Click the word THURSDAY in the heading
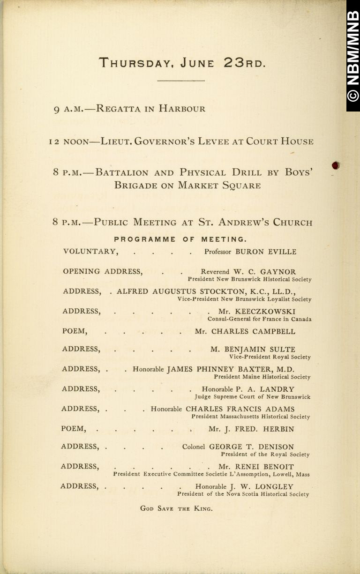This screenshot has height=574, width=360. click(x=134, y=63)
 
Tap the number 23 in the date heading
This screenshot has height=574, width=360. click(x=235, y=62)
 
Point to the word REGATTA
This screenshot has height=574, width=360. click(x=118, y=109)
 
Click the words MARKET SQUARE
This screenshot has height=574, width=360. click(x=219, y=185)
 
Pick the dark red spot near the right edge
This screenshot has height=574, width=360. click(x=335, y=165)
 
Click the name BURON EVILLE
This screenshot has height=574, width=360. click(x=266, y=252)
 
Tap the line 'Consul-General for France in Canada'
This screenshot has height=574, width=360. click(x=259, y=319)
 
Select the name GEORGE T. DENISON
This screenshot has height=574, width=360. click(x=258, y=447)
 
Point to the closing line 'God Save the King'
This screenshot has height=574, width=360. click(x=176, y=508)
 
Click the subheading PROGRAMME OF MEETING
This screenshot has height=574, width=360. click(x=180, y=239)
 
